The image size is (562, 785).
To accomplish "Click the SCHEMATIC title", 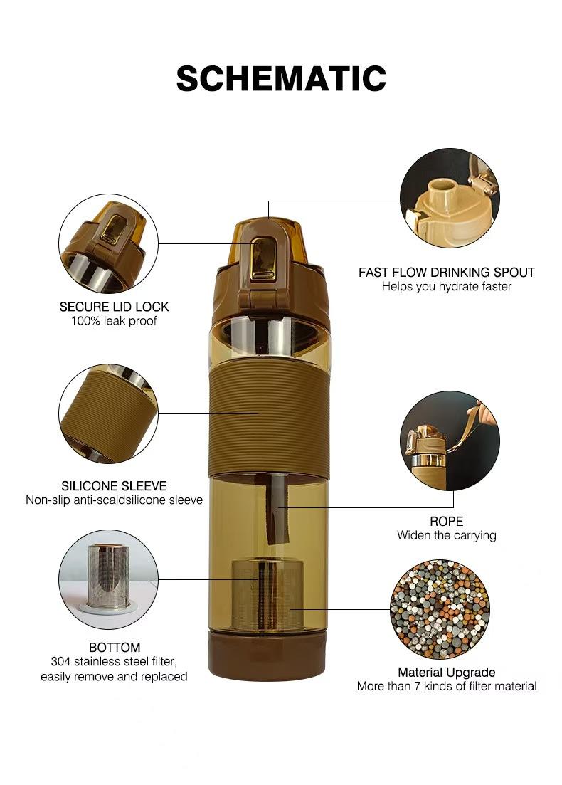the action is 281,78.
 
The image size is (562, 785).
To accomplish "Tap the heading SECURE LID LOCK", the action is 114,307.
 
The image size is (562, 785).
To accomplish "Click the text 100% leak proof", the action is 114,321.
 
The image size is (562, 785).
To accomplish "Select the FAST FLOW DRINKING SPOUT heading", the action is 446,273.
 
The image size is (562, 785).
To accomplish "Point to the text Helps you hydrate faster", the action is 446,286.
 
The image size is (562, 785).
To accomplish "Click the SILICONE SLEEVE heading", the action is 114,485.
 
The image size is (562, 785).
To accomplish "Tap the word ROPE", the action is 446,521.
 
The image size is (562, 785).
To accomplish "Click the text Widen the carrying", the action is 446,535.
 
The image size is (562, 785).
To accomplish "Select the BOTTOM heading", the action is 115,648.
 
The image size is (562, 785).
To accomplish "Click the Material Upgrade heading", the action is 446,673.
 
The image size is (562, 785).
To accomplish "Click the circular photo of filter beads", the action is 440,609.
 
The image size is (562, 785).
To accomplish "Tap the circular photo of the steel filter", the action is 109,580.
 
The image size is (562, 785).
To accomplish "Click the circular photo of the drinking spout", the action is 450,198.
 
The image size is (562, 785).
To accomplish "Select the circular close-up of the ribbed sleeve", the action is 109,413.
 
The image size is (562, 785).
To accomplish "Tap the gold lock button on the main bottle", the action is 264,258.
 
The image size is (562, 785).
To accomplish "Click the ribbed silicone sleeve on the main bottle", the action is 269,417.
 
